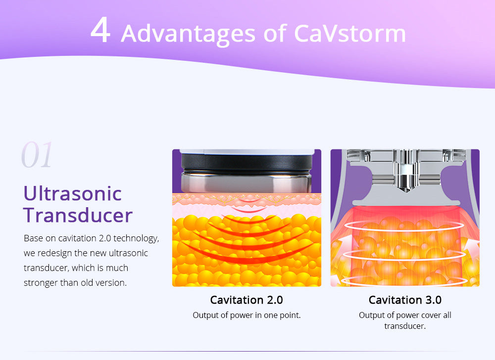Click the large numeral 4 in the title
pyautogui.click(x=100, y=30)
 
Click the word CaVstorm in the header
pyautogui.click(x=350, y=33)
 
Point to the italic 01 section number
pyautogui.click(x=37, y=155)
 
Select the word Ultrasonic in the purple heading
pyautogui.click(x=73, y=193)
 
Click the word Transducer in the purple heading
pyautogui.click(x=78, y=215)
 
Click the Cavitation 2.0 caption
pyautogui.click(x=247, y=300)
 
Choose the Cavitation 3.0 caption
pyautogui.click(x=405, y=300)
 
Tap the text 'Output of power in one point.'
pyautogui.click(x=247, y=315)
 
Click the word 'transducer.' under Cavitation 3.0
pyautogui.click(x=405, y=326)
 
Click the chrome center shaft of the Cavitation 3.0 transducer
pyautogui.click(x=405, y=170)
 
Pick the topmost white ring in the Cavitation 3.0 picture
pyautogui.click(x=405, y=225)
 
